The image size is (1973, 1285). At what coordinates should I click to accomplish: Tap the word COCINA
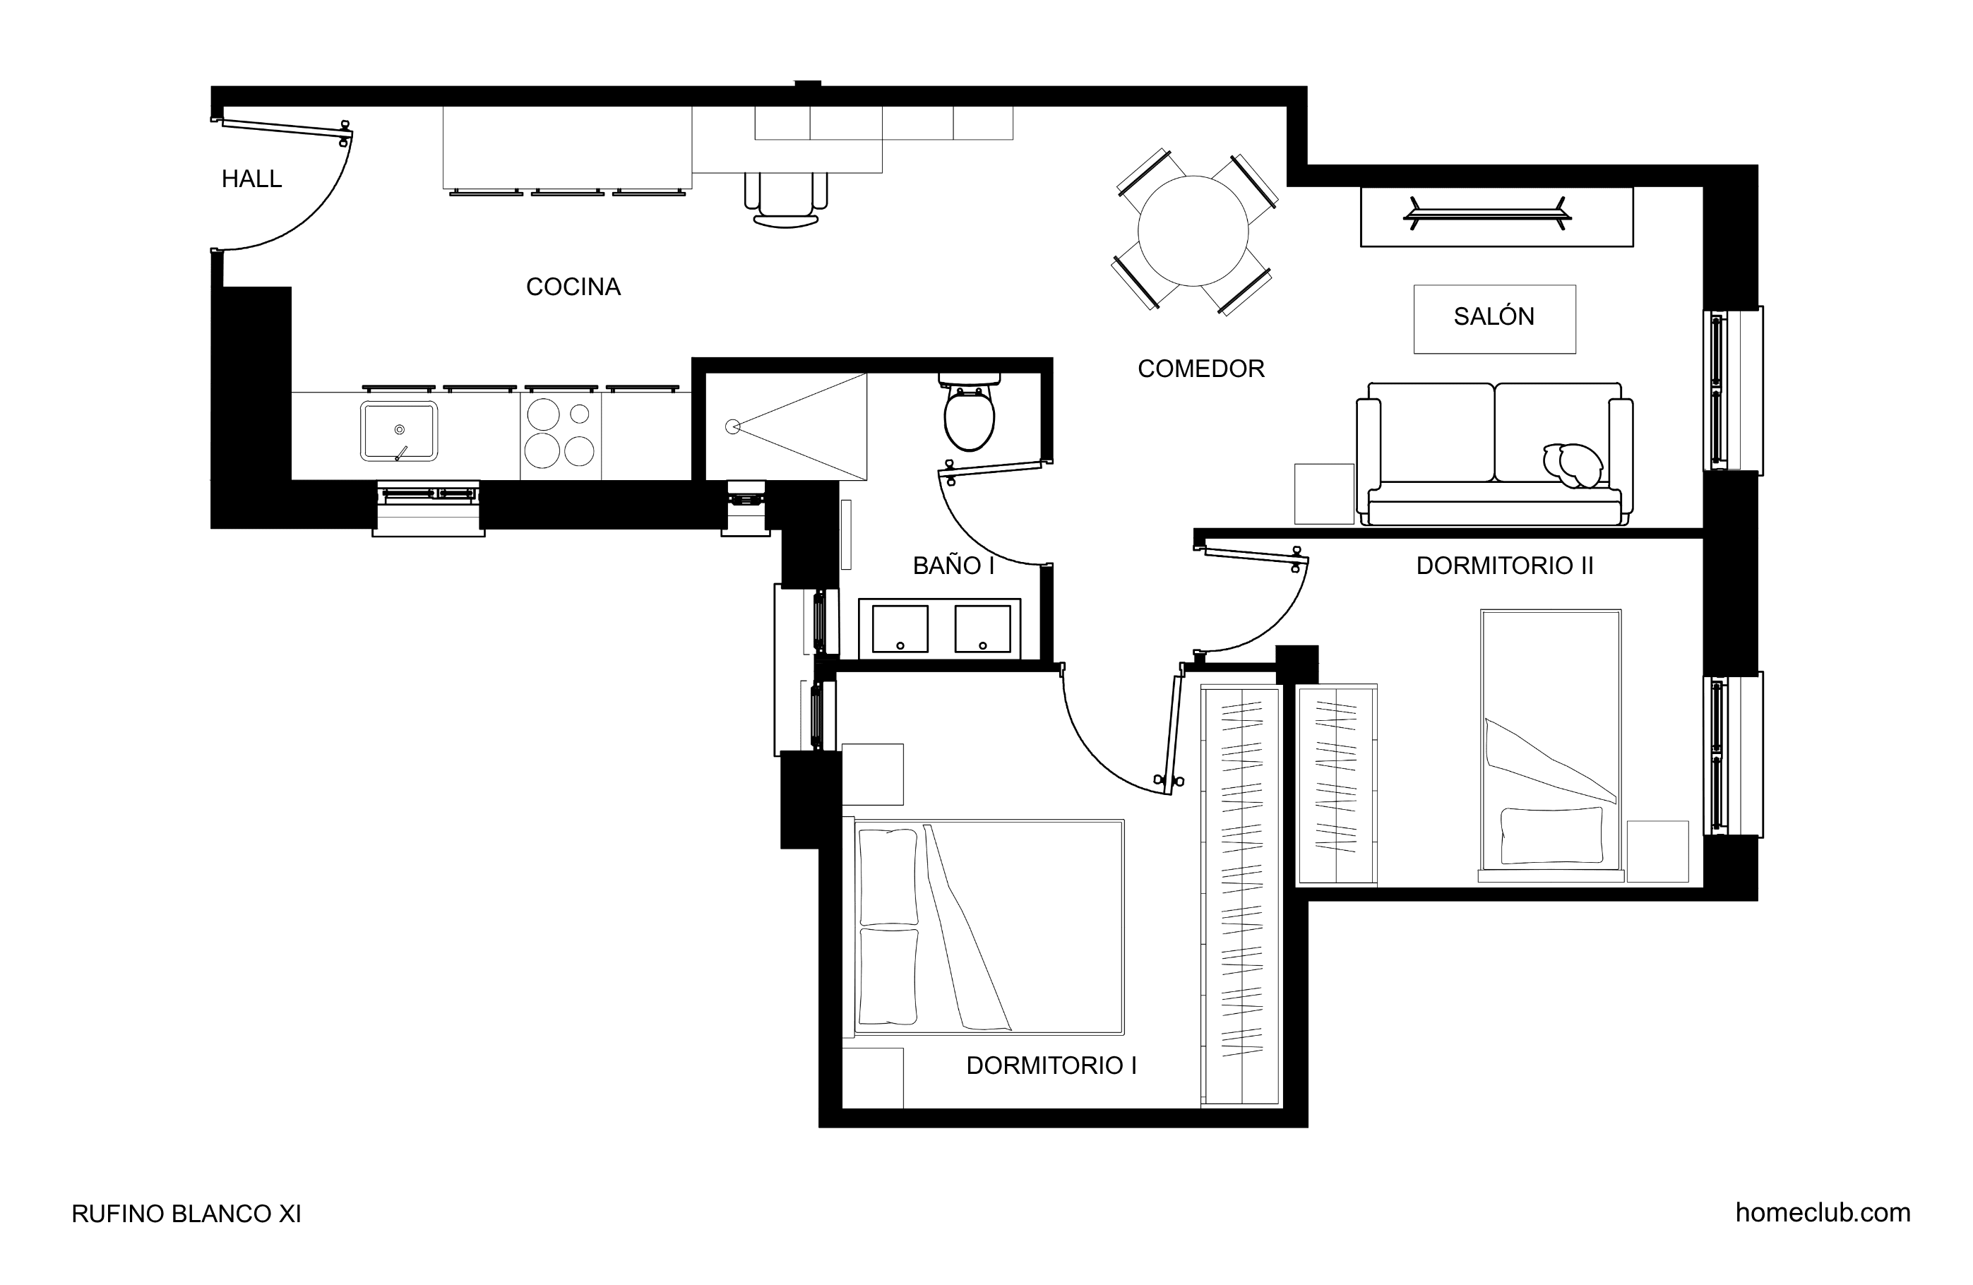pyautogui.click(x=573, y=287)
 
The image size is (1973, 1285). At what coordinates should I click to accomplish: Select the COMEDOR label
pyautogui.click(x=1200, y=369)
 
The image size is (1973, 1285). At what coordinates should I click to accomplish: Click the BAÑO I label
pyautogui.click(x=953, y=566)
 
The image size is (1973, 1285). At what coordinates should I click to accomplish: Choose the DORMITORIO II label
pyautogui.click(x=1504, y=566)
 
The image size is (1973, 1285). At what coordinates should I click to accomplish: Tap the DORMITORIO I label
pyautogui.click(x=1051, y=1065)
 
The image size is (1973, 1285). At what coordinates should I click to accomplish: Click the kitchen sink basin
pyautogui.click(x=399, y=431)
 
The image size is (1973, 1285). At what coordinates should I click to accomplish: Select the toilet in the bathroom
pyautogui.click(x=969, y=412)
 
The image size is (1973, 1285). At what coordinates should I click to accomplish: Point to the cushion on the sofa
pyautogui.click(x=1573, y=466)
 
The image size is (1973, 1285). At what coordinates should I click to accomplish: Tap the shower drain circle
pyautogui.click(x=732, y=427)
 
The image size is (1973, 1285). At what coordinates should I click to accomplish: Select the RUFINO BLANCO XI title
pyautogui.click(x=186, y=1214)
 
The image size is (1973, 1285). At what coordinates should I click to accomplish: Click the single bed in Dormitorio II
pyautogui.click(x=1550, y=746)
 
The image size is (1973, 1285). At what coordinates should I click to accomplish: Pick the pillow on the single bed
pyautogui.click(x=1551, y=836)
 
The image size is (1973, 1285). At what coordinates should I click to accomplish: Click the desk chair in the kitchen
pyautogui.click(x=786, y=200)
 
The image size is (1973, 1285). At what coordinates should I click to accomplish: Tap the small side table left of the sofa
pyautogui.click(x=1324, y=494)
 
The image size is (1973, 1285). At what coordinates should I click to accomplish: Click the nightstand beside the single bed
pyautogui.click(x=1657, y=851)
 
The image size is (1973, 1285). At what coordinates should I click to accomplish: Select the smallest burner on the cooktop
pyautogui.click(x=580, y=414)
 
